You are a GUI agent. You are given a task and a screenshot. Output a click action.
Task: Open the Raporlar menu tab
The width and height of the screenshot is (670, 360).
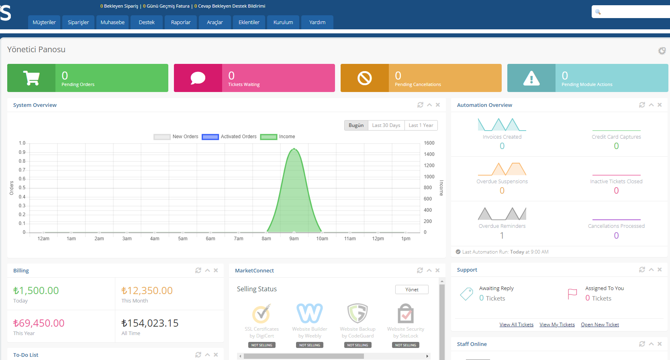click(181, 22)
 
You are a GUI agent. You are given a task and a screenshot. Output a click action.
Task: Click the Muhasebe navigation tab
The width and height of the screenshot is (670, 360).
click(112, 22)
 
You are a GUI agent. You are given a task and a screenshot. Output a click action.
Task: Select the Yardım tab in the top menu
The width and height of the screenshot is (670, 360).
click(317, 22)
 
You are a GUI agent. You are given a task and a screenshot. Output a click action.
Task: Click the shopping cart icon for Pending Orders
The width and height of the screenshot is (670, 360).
click(31, 78)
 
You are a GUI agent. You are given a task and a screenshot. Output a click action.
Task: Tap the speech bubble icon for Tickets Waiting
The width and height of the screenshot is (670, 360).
click(198, 78)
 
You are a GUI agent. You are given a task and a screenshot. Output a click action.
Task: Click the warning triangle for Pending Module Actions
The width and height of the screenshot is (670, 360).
click(531, 78)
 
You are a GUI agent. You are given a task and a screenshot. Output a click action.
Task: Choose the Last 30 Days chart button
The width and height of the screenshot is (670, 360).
click(386, 125)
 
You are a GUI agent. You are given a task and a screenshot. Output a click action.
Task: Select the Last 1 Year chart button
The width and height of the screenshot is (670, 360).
click(421, 125)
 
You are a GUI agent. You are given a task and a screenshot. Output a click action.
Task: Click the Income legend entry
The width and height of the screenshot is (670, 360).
click(278, 137)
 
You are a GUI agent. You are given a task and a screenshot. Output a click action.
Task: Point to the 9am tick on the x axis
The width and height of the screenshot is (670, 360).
click(294, 239)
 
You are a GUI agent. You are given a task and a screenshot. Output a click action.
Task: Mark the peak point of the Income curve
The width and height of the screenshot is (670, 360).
click(294, 149)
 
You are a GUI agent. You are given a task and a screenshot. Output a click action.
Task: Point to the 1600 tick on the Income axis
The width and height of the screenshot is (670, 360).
click(429, 143)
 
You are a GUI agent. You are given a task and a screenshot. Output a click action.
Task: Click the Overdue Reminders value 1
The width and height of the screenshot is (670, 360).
click(502, 235)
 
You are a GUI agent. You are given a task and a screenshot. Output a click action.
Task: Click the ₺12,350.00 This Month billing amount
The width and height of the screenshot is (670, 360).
click(147, 290)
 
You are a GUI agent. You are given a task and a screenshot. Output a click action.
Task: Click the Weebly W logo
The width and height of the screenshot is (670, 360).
click(310, 313)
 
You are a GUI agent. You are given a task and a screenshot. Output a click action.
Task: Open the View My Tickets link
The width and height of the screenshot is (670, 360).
click(557, 325)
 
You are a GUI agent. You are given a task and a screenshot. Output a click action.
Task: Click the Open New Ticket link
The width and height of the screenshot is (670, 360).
click(600, 325)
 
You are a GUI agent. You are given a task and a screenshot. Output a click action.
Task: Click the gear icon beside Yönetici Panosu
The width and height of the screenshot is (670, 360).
click(662, 51)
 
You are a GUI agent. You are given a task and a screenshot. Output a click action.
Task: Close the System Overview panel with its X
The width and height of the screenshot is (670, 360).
click(438, 105)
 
